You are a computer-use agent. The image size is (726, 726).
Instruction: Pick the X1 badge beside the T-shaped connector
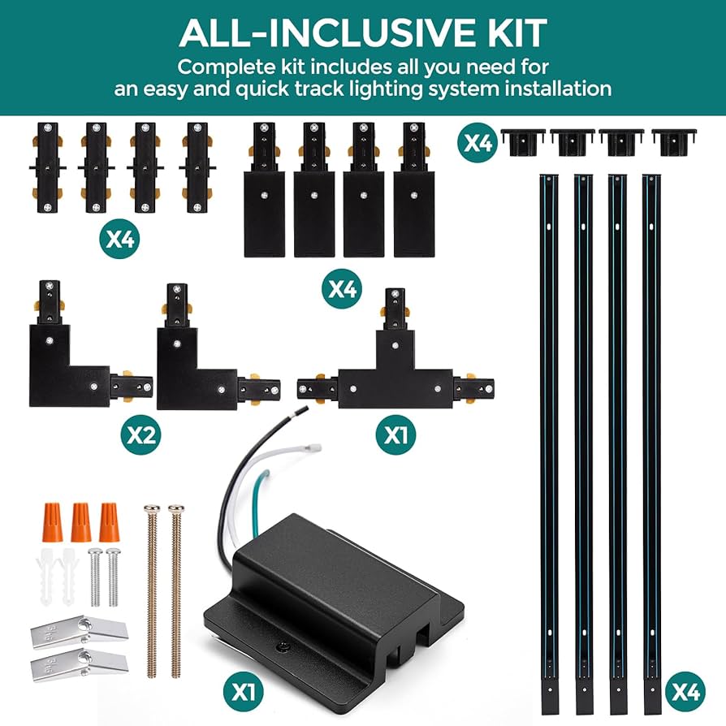point(396,434)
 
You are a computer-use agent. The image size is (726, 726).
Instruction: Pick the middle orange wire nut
point(80,523)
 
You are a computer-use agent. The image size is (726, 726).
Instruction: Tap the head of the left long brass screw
point(151,510)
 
